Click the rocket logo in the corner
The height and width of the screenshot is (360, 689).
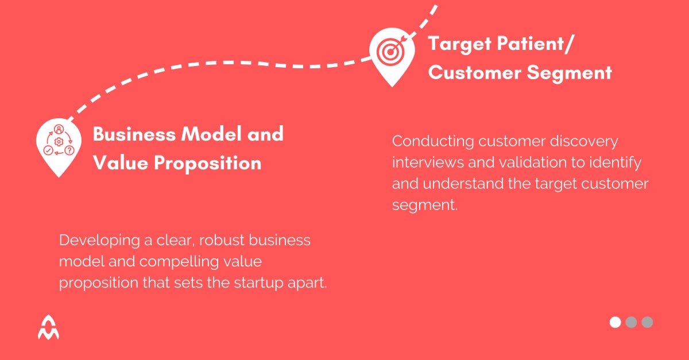48,327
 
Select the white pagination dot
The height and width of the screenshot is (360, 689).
615,322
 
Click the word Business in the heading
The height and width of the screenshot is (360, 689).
134,134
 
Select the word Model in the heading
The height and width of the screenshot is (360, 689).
214,134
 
